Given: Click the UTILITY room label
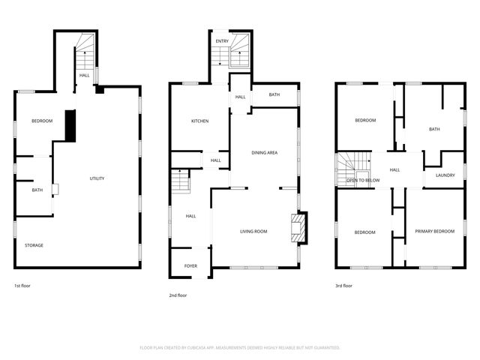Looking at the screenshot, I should tap(97, 178).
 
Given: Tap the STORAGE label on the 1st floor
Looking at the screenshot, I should tap(34, 245).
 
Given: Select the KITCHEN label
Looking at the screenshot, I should tap(199, 121).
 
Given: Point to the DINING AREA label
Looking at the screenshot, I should tap(265, 153).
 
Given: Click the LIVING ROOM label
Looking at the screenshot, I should tap(253, 232).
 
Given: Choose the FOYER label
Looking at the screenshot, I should tap(190, 265).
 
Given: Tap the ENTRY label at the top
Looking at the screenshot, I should tap(222, 41).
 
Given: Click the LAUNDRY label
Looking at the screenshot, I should tap(445, 176).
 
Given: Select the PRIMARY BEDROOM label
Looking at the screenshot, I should tap(435, 232).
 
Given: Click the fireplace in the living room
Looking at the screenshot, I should tap(298, 229).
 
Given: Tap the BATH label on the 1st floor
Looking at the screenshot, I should tap(37, 190).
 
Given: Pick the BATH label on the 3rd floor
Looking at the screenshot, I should tap(434, 129).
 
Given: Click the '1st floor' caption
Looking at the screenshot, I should tap(22, 286).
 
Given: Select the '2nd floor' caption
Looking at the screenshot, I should tap(178, 295).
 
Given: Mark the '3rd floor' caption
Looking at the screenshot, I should tap(343, 286).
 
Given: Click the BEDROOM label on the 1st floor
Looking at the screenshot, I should tap(42, 121).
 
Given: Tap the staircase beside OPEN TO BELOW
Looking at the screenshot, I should tap(352, 162).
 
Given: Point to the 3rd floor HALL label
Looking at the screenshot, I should tap(394, 169).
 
